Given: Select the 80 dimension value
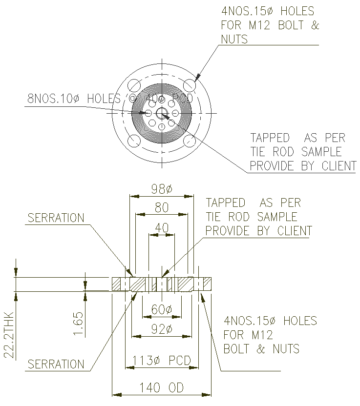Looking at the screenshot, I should (161, 207).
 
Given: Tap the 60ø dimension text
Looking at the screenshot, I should (161, 310).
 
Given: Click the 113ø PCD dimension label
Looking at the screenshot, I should (162, 361).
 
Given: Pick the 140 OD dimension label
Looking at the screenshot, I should (162, 388).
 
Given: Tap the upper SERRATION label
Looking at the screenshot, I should (56, 218).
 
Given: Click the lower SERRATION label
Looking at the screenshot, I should (56, 364).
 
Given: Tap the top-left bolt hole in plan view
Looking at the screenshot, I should (134, 85).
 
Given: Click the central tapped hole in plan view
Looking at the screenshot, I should (162, 113).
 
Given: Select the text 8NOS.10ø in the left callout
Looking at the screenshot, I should (53, 99).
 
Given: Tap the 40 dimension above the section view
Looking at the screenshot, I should (161, 227).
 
